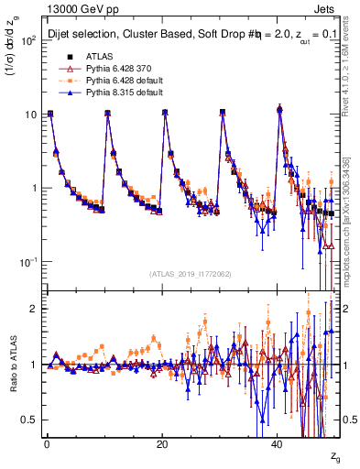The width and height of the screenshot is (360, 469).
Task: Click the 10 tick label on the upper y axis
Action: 29,115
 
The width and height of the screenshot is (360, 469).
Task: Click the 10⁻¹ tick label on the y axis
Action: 27,262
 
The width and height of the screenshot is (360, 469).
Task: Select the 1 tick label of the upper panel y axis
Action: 34,189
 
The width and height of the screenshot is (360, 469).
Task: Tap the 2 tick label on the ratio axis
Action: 34,309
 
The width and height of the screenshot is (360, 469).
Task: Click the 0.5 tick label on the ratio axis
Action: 29,420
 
